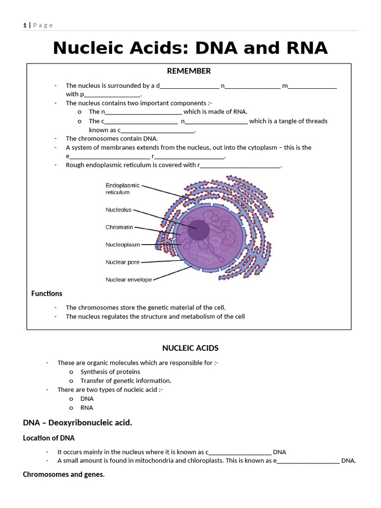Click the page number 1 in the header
point(24,25)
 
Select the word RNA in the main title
point(304,48)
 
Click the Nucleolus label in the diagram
point(119,210)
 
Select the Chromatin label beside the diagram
point(119,227)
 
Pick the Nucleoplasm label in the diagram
point(123,245)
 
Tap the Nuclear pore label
point(123,262)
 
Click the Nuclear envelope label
point(128,280)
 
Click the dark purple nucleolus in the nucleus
point(198,230)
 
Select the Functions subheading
point(47,294)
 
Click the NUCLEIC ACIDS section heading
point(190,348)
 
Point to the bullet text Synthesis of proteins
point(110,372)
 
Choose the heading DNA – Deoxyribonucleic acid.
point(77,423)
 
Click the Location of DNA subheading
point(49,438)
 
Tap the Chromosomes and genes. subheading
point(63,475)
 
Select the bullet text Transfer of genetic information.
point(126,381)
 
